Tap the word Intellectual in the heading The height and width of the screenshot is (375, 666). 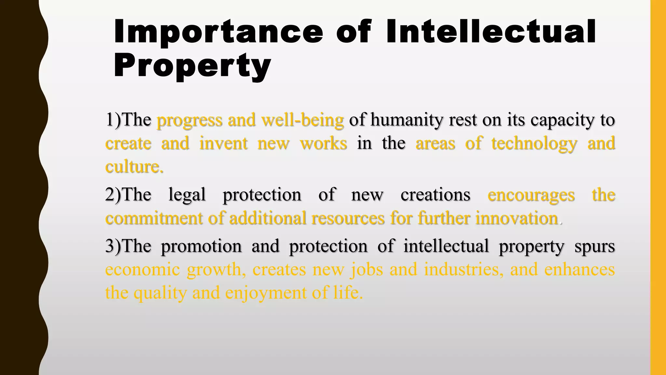[x=491, y=32]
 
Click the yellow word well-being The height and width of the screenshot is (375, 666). [x=302, y=120]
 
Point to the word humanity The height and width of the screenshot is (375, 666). [x=406, y=120]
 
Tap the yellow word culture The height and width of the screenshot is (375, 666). [x=134, y=167]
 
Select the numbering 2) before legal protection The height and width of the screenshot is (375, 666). [x=113, y=195]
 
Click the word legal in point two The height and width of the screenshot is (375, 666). [x=187, y=195]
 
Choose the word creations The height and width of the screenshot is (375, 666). [x=435, y=195]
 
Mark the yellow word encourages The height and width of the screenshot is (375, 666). [x=531, y=195]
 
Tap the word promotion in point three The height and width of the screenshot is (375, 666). [x=201, y=246]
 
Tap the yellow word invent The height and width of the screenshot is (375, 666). [x=223, y=144]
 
